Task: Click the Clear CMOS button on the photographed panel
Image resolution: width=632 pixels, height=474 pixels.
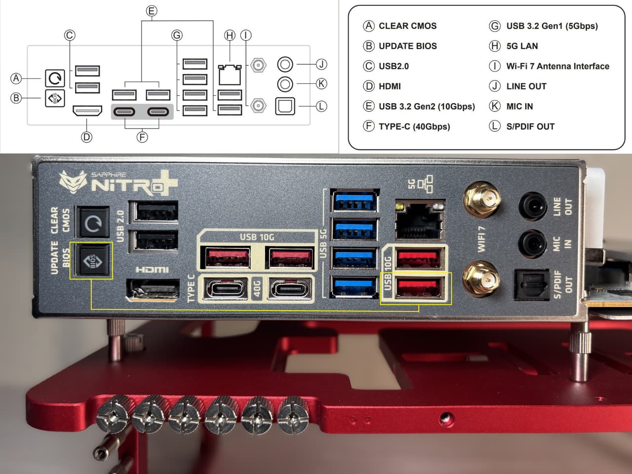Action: click(93, 222)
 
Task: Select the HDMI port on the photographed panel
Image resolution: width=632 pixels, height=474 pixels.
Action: click(154, 289)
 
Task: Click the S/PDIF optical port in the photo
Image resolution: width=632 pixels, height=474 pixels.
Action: click(531, 285)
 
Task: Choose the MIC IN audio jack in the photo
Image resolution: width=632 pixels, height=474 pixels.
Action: click(532, 243)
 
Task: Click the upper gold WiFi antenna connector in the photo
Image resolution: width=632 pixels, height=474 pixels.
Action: click(482, 200)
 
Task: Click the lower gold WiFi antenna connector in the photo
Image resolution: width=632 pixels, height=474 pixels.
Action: click(481, 278)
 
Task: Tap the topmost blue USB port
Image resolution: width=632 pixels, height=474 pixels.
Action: click(355, 201)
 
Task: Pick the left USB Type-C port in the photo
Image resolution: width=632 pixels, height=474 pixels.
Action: click(226, 289)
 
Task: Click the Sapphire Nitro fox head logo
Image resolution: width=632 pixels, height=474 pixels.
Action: click(73, 182)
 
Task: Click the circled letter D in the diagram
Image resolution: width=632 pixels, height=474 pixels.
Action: click(86, 137)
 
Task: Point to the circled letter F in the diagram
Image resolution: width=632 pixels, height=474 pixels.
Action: click(142, 137)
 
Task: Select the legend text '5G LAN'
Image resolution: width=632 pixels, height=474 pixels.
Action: click(522, 46)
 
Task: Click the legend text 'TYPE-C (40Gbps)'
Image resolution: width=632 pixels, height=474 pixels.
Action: click(414, 126)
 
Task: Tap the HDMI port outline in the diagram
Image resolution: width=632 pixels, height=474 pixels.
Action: click(87, 111)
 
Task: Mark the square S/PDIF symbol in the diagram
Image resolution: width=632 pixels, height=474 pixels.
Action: click(285, 106)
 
